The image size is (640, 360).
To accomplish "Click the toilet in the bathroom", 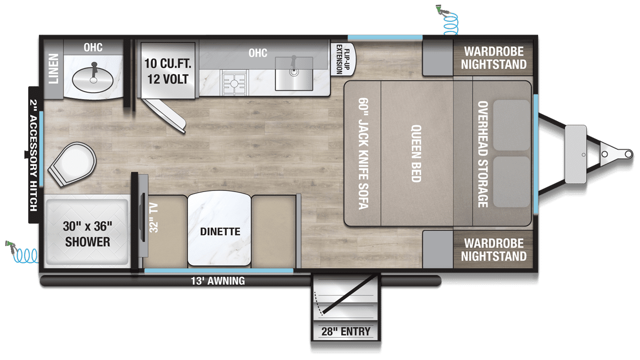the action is click(x=73, y=164).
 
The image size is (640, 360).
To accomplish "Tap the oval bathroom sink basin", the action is click(x=93, y=80).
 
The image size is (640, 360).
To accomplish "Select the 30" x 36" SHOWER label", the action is click(x=87, y=234).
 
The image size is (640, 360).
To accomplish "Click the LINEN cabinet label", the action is click(x=53, y=69).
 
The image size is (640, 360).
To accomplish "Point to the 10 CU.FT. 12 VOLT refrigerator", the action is click(x=167, y=70).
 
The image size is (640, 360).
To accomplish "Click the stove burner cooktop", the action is click(x=234, y=83).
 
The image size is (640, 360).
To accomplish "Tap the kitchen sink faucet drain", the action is click(x=294, y=72).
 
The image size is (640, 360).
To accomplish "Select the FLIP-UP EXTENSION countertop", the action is click(x=343, y=59).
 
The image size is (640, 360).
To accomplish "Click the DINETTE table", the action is click(x=219, y=229).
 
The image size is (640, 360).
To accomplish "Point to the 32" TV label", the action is click(x=154, y=218).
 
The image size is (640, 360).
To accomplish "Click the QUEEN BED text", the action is click(x=416, y=154).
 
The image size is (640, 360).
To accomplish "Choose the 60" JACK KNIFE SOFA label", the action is click(x=363, y=154).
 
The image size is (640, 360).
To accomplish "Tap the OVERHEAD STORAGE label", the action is click(x=483, y=154).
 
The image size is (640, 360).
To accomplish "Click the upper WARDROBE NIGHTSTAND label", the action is click(x=494, y=58).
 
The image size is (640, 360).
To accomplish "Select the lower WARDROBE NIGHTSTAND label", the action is click(x=494, y=250).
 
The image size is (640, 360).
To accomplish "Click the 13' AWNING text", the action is click(x=218, y=281).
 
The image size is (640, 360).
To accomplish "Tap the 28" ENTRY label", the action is click(x=346, y=331).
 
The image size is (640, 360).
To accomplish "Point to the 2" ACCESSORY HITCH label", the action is click(x=34, y=155).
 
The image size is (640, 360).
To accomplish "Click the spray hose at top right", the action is click(x=447, y=19).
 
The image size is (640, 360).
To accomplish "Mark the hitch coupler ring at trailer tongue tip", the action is click(x=629, y=154).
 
